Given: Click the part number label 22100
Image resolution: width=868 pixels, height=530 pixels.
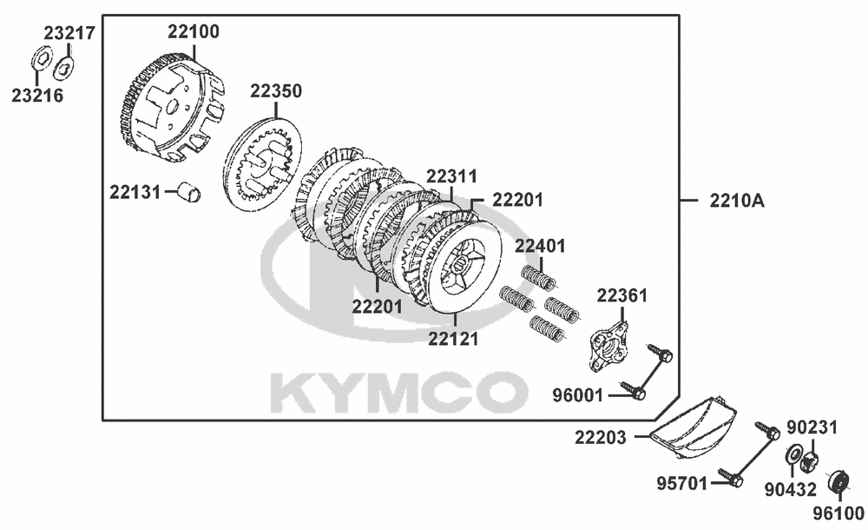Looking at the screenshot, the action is click(194, 31).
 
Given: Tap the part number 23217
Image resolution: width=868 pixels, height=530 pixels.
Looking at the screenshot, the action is click(69, 33).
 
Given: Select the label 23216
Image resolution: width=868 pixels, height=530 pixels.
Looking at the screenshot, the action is click(37, 96).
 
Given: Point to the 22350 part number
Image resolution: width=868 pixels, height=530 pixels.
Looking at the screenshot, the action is click(276, 91).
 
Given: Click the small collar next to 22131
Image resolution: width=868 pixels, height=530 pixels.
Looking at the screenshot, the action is click(189, 192).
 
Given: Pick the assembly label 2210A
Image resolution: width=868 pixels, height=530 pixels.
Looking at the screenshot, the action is click(737, 201).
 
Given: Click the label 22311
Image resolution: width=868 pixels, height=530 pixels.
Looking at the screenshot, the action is click(451, 176).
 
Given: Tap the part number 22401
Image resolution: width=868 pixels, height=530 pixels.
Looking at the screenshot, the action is click(540, 246).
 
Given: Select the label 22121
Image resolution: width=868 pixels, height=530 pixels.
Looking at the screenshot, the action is click(453, 338).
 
